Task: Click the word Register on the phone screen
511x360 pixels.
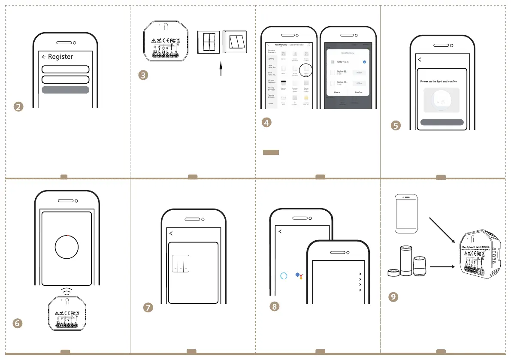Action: (x=60, y=57)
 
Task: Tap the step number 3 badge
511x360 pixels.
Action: (x=144, y=75)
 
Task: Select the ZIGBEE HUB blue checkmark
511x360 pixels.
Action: (x=364, y=62)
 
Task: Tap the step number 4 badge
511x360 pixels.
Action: (x=266, y=122)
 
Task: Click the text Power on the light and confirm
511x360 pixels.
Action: (x=442, y=81)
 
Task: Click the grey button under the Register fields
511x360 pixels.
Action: (x=65, y=90)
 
